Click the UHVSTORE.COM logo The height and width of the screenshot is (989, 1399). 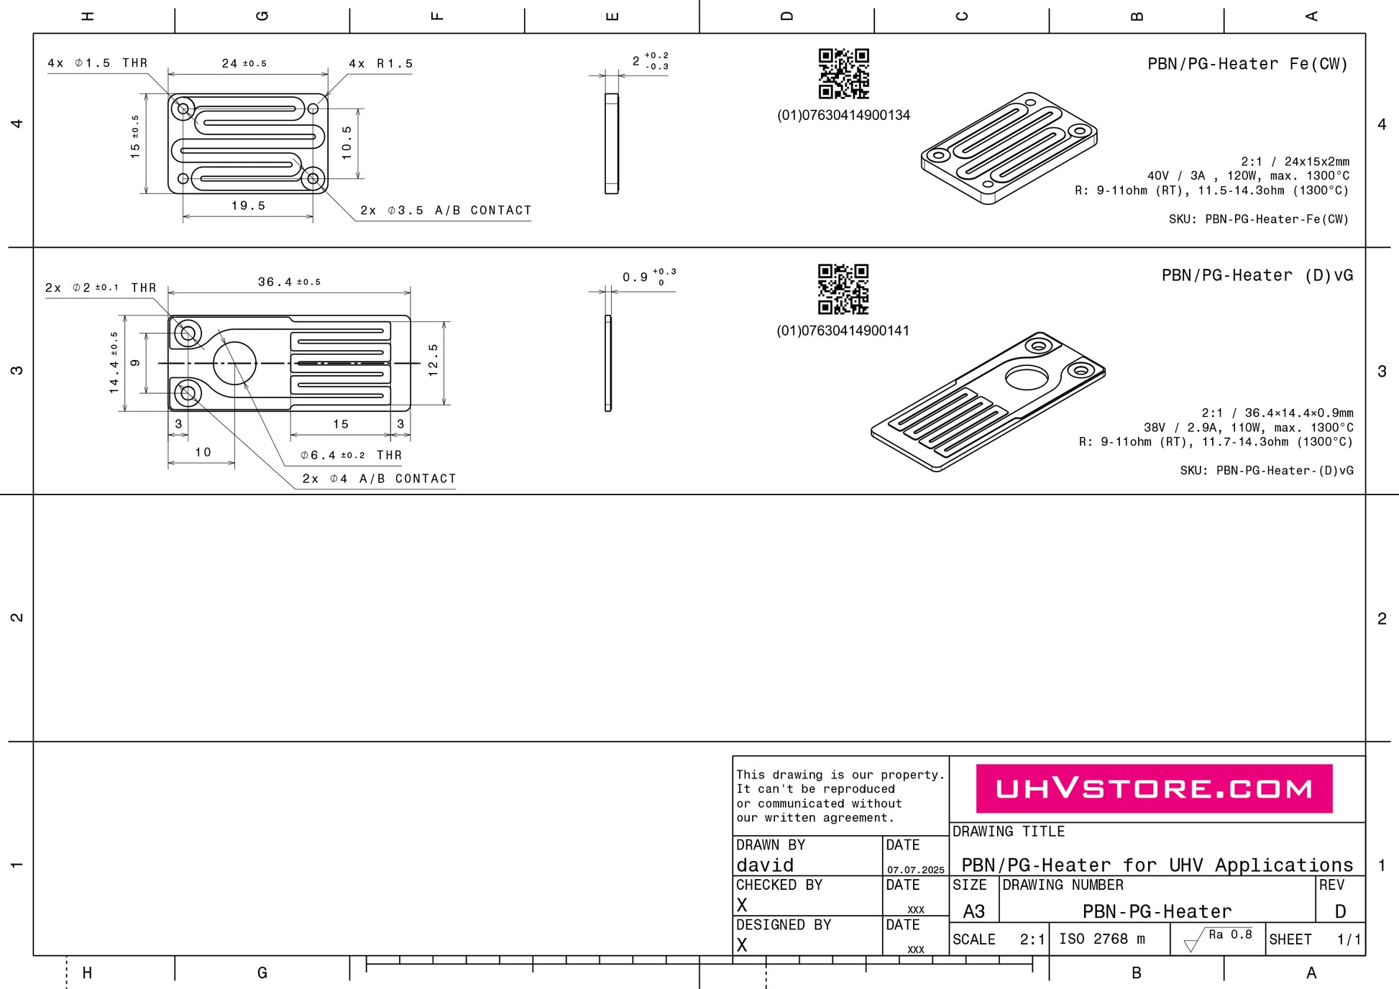coord(1154,788)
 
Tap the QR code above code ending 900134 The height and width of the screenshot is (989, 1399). coord(844,73)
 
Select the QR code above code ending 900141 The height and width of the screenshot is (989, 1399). coord(843,289)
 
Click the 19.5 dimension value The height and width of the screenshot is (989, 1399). coord(248,206)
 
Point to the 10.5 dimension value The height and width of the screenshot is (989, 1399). coord(347,142)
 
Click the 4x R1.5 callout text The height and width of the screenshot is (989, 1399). coord(381,64)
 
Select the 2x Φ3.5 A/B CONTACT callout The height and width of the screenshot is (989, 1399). coord(446,211)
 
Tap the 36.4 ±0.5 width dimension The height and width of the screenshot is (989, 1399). coord(289,282)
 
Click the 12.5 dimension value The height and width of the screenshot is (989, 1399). coord(433,360)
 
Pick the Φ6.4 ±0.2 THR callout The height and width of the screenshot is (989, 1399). coord(351,455)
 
